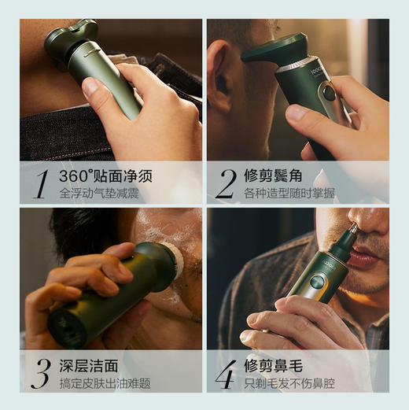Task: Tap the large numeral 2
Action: (226, 183)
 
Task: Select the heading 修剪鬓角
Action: (273, 175)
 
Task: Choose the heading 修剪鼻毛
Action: (273, 364)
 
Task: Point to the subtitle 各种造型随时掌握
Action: (290, 193)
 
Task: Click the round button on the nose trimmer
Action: (317, 281)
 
